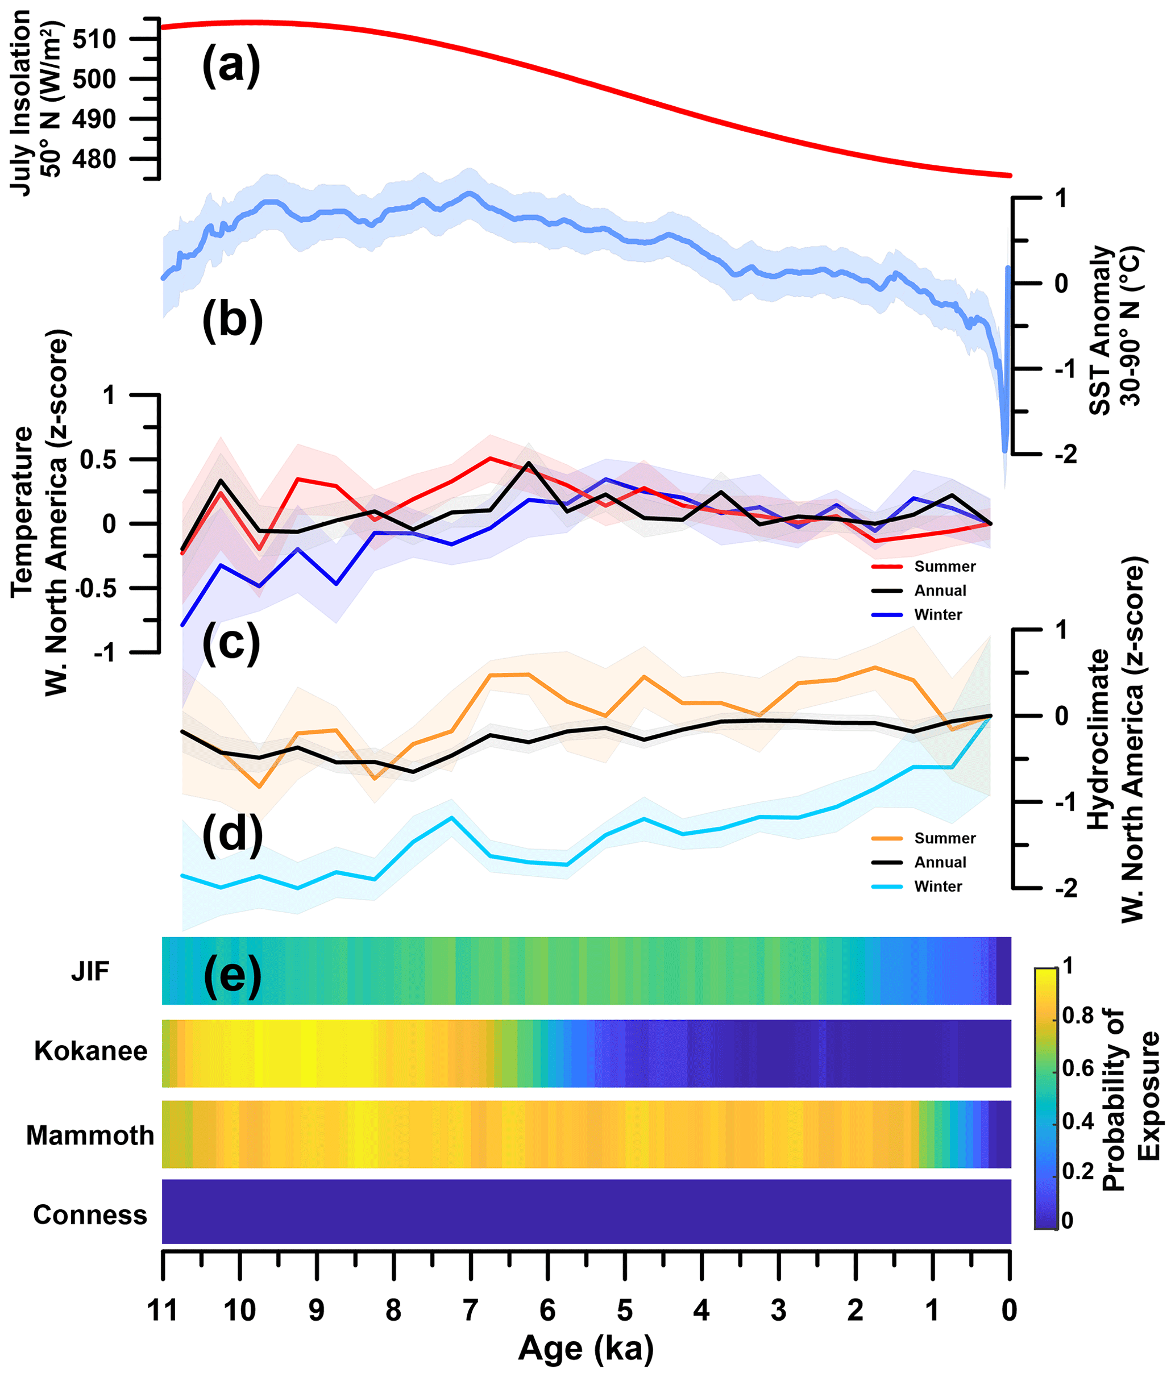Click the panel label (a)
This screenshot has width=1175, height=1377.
tap(231, 66)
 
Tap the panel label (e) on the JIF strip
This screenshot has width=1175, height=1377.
tap(232, 976)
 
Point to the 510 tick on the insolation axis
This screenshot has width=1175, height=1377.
tap(94, 39)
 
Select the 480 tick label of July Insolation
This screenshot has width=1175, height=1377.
tap(94, 160)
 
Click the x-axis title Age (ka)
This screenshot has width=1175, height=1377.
tap(586, 1349)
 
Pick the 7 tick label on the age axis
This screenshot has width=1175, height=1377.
tap(471, 1311)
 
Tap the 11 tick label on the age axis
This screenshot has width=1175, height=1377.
tap(163, 1311)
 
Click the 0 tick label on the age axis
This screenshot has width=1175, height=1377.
tap(1010, 1311)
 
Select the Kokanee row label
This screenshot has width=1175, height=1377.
tap(91, 1051)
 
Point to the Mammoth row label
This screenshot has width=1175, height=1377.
tap(90, 1135)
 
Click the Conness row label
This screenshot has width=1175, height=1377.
tap(90, 1215)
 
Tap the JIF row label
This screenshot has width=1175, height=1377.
tap(90, 972)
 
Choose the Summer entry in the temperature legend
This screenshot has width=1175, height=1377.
tap(944, 566)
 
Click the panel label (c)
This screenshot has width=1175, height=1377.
tap(231, 643)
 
